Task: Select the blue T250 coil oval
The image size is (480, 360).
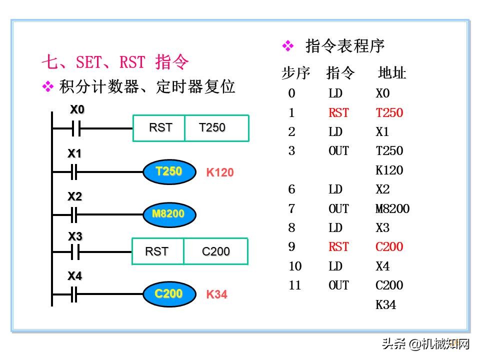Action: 168,171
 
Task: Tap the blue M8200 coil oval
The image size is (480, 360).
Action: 168,214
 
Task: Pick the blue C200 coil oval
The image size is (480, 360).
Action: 168,293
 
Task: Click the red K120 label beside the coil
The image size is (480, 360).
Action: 219,173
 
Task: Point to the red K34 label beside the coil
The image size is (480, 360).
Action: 216,294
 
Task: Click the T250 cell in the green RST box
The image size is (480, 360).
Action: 216,128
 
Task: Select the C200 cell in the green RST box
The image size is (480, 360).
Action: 215,251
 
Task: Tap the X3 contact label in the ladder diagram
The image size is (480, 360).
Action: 75,236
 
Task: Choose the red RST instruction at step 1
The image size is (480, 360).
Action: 338,113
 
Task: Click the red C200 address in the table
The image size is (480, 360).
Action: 389,247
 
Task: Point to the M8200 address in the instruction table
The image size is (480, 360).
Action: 392,208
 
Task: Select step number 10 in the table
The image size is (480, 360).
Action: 295,266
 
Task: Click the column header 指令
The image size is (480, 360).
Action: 340,73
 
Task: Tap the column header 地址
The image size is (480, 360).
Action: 391,73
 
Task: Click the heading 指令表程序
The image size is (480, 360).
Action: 345,46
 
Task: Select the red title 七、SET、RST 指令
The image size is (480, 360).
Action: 115,62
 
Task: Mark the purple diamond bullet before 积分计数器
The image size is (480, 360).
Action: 47,87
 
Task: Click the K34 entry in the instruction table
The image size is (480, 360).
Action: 385,304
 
